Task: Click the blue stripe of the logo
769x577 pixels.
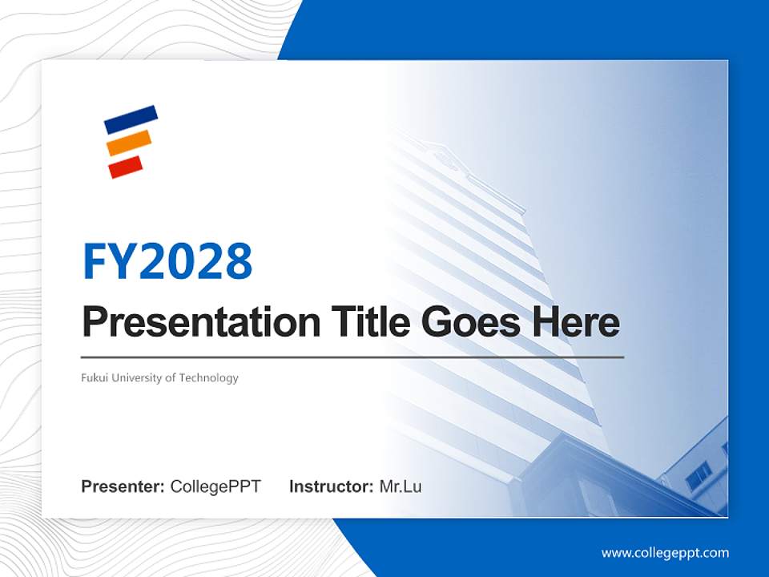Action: (131, 119)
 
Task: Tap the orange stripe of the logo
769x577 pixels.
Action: (129, 143)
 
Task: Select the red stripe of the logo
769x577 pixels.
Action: (126, 167)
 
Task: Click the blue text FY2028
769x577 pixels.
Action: (167, 261)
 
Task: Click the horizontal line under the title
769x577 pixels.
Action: (352, 357)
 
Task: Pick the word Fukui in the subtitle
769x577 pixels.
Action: (95, 377)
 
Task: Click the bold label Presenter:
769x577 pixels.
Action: (123, 486)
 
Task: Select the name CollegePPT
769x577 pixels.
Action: (215, 486)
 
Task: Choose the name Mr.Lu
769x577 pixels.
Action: (401, 486)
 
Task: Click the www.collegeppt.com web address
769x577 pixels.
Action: (665, 553)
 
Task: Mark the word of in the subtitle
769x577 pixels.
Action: (170, 377)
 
